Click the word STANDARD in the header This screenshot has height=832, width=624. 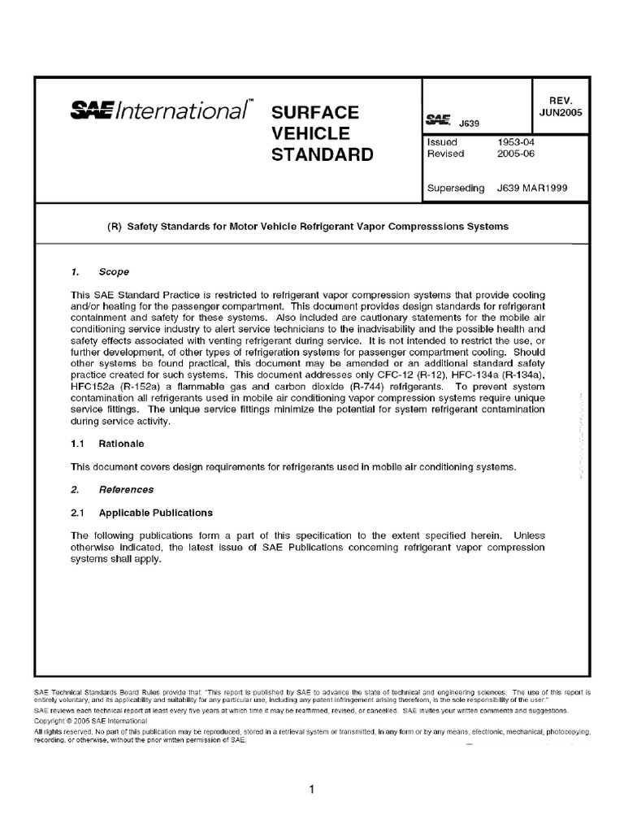[x=322, y=154]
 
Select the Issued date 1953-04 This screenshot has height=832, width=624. [x=515, y=141]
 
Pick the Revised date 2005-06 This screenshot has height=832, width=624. [x=515, y=153]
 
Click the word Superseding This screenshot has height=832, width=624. [x=457, y=188]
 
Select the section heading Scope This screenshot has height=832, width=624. [x=114, y=272]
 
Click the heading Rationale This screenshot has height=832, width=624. [x=122, y=444]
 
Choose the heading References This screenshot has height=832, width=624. [x=126, y=490]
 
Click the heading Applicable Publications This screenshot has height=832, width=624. [x=156, y=513]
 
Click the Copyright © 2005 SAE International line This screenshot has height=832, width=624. [x=90, y=721]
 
